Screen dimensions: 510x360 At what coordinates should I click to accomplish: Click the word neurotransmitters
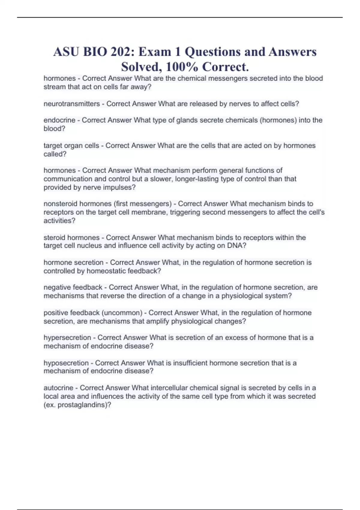(72, 104)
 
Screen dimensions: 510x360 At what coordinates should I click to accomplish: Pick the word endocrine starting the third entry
(59, 120)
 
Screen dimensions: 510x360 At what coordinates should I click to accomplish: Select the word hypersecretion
(67, 337)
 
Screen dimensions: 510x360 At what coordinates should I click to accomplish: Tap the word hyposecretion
(66, 363)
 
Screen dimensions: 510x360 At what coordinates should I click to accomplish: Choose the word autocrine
(58, 388)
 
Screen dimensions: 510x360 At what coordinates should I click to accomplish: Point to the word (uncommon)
(122, 313)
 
